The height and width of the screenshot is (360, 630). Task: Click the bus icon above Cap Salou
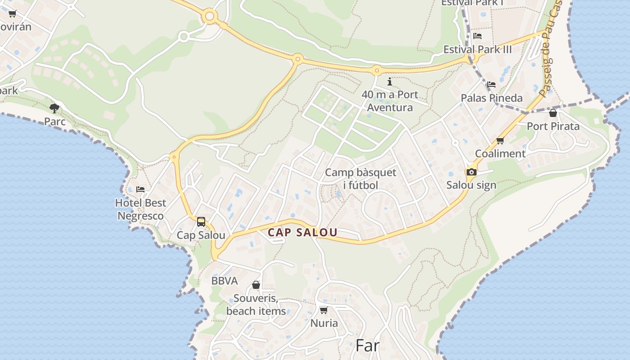(201, 222)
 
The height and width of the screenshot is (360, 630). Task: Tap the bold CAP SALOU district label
(302, 233)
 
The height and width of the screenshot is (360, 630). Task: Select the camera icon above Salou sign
(471, 172)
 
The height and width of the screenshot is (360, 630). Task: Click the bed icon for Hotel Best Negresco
(140, 189)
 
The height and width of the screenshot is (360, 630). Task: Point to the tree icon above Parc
(54, 108)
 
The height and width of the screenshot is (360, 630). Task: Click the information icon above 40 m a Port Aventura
(390, 82)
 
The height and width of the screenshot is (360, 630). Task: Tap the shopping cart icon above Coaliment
(500, 141)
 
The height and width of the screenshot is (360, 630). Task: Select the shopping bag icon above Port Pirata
(553, 113)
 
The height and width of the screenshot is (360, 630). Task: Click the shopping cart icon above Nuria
(324, 310)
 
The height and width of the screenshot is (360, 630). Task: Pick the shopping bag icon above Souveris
(256, 285)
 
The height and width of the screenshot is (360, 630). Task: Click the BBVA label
(225, 281)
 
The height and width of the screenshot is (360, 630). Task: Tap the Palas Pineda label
(492, 98)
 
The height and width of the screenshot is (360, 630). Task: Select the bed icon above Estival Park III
(477, 36)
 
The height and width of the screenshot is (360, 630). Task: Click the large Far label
(368, 346)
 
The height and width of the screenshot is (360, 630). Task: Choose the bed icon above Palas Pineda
(491, 84)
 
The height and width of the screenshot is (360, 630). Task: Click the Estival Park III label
(477, 49)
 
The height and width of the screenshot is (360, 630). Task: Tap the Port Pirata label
(553, 126)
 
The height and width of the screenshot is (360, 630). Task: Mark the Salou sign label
(471, 185)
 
